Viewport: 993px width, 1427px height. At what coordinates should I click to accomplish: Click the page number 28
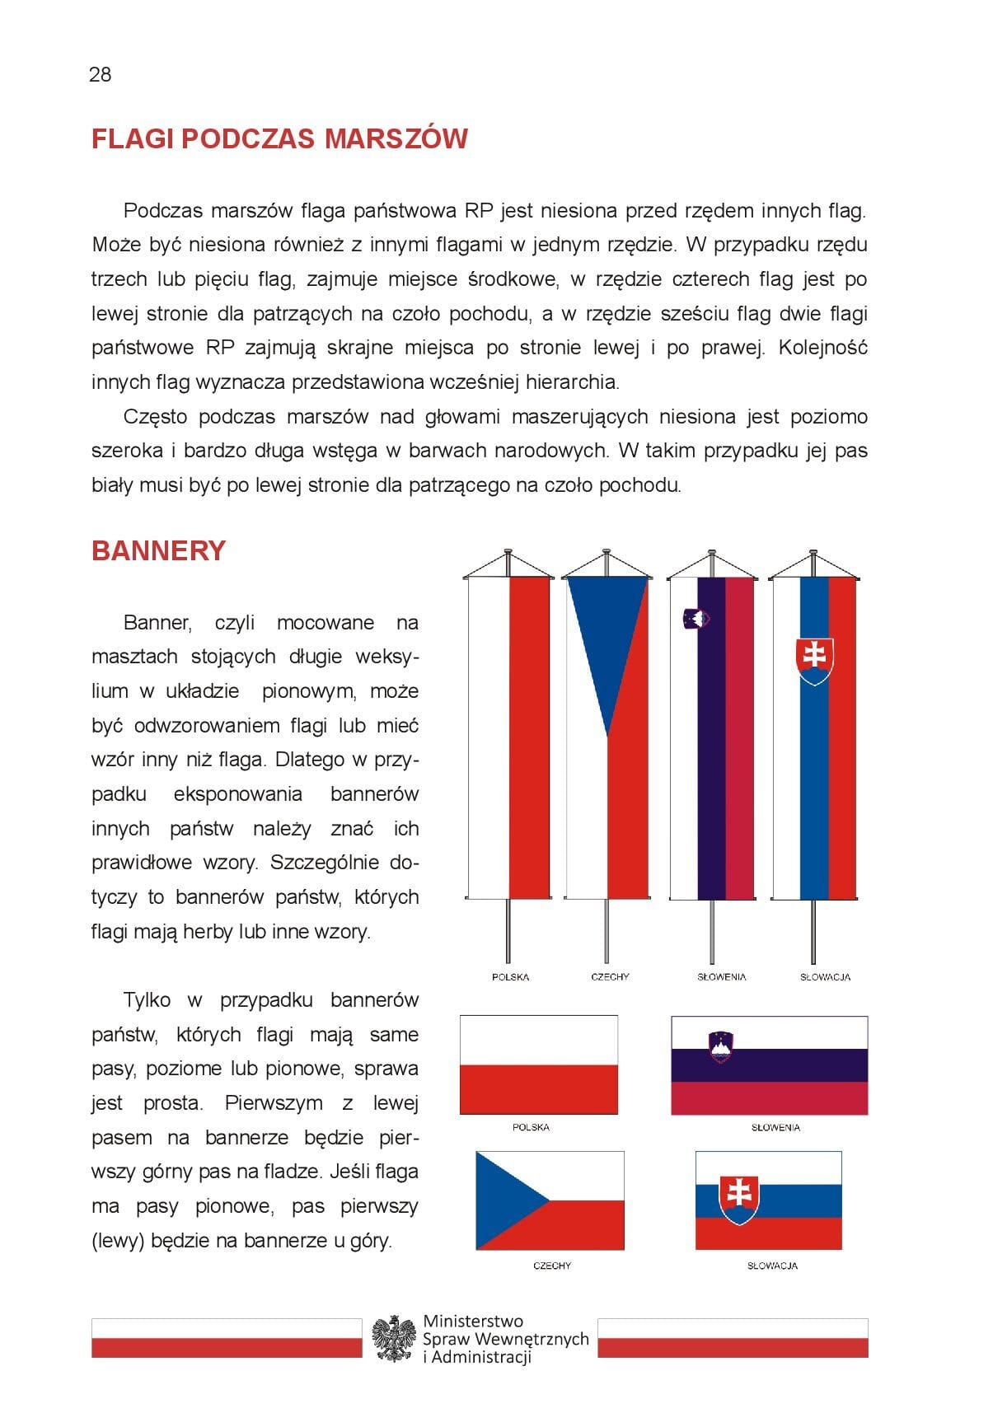(x=100, y=75)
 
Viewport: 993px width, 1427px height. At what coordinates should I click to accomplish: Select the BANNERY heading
(x=158, y=550)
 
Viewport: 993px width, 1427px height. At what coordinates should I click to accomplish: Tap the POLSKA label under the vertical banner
(x=510, y=977)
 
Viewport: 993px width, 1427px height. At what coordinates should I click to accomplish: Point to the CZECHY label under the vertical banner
(x=610, y=977)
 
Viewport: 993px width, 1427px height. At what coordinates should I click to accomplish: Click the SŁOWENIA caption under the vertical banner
(x=721, y=977)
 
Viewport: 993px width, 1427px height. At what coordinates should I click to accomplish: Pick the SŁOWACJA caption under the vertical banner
(x=825, y=977)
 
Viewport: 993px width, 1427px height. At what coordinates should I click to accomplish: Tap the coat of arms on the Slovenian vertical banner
(x=696, y=618)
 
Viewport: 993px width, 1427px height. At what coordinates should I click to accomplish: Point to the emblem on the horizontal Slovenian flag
(x=720, y=1046)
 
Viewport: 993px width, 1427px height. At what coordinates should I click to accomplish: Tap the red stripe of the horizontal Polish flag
(x=538, y=1089)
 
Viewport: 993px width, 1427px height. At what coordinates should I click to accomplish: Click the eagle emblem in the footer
(x=393, y=1338)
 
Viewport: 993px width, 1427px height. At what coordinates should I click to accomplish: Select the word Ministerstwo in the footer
(x=473, y=1321)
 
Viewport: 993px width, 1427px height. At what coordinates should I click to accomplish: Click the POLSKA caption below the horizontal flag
(x=531, y=1127)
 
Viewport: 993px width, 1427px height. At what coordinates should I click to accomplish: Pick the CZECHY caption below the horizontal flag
(x=551, y=1266)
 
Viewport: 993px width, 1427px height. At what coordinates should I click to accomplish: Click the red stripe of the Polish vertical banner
(x=529, y=737)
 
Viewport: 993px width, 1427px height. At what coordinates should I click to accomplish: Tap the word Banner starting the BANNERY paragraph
(x=157, y=623)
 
